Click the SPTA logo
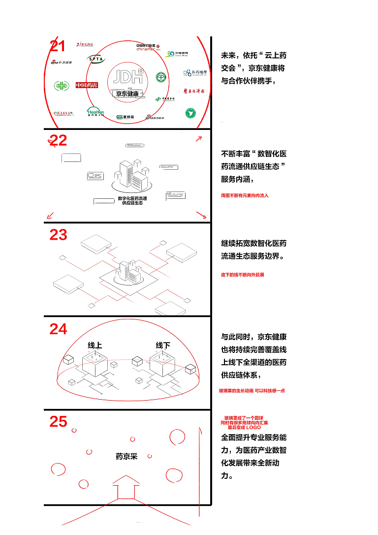96,59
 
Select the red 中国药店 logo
87,85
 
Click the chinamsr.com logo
149,47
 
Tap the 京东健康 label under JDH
127,94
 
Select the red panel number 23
58,235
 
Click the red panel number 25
58,421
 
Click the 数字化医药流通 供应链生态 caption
132,200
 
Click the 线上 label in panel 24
94,345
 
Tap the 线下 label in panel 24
162,345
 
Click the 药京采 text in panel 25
126,456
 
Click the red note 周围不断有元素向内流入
245,195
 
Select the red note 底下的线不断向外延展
242,275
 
